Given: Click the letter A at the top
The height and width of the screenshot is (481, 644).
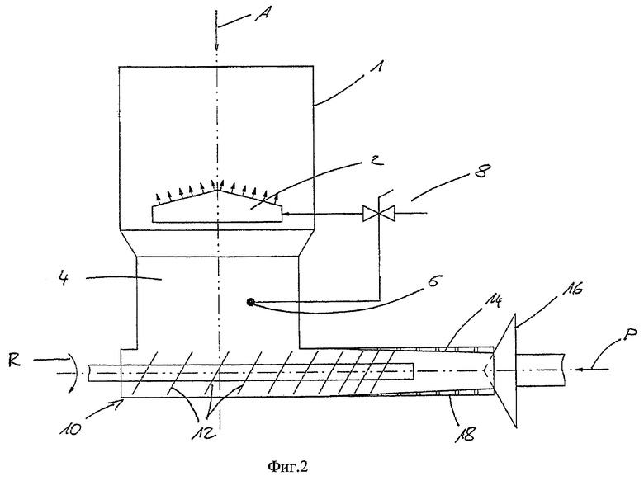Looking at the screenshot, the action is tap(263, 16).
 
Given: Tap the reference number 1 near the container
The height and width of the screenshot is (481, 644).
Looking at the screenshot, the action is tap(378, 66).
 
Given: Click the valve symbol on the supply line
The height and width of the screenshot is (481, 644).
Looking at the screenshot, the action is tap(379, 214).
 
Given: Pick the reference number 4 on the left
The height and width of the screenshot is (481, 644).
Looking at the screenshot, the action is tap(63, 279).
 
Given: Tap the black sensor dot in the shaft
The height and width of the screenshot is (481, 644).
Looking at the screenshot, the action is tap(250, 303).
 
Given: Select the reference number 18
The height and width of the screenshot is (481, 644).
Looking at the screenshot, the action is tap(466, 433).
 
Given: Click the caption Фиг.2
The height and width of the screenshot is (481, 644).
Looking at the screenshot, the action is tap(287, 467).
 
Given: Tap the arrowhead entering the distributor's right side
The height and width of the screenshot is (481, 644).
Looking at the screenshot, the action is tap(286, 214).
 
